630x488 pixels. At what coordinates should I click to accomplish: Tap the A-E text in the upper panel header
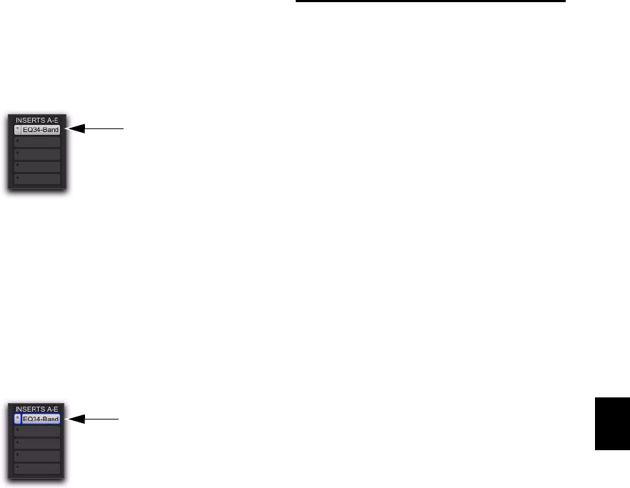pyautogui.click(x=51, y=120)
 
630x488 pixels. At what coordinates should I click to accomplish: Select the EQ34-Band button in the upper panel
pyautogui.click(x=41, y=130)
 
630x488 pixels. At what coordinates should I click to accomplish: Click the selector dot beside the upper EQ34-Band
pyautogui.click(x=18, y=130)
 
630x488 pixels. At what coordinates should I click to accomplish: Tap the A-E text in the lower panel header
pyautogui.click(x=51, y=409)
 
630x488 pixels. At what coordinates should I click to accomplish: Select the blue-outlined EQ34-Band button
pyautogui.click(x=41, y=419)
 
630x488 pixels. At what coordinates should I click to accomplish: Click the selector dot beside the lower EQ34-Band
pyautogui.click(x=18, y=419)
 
